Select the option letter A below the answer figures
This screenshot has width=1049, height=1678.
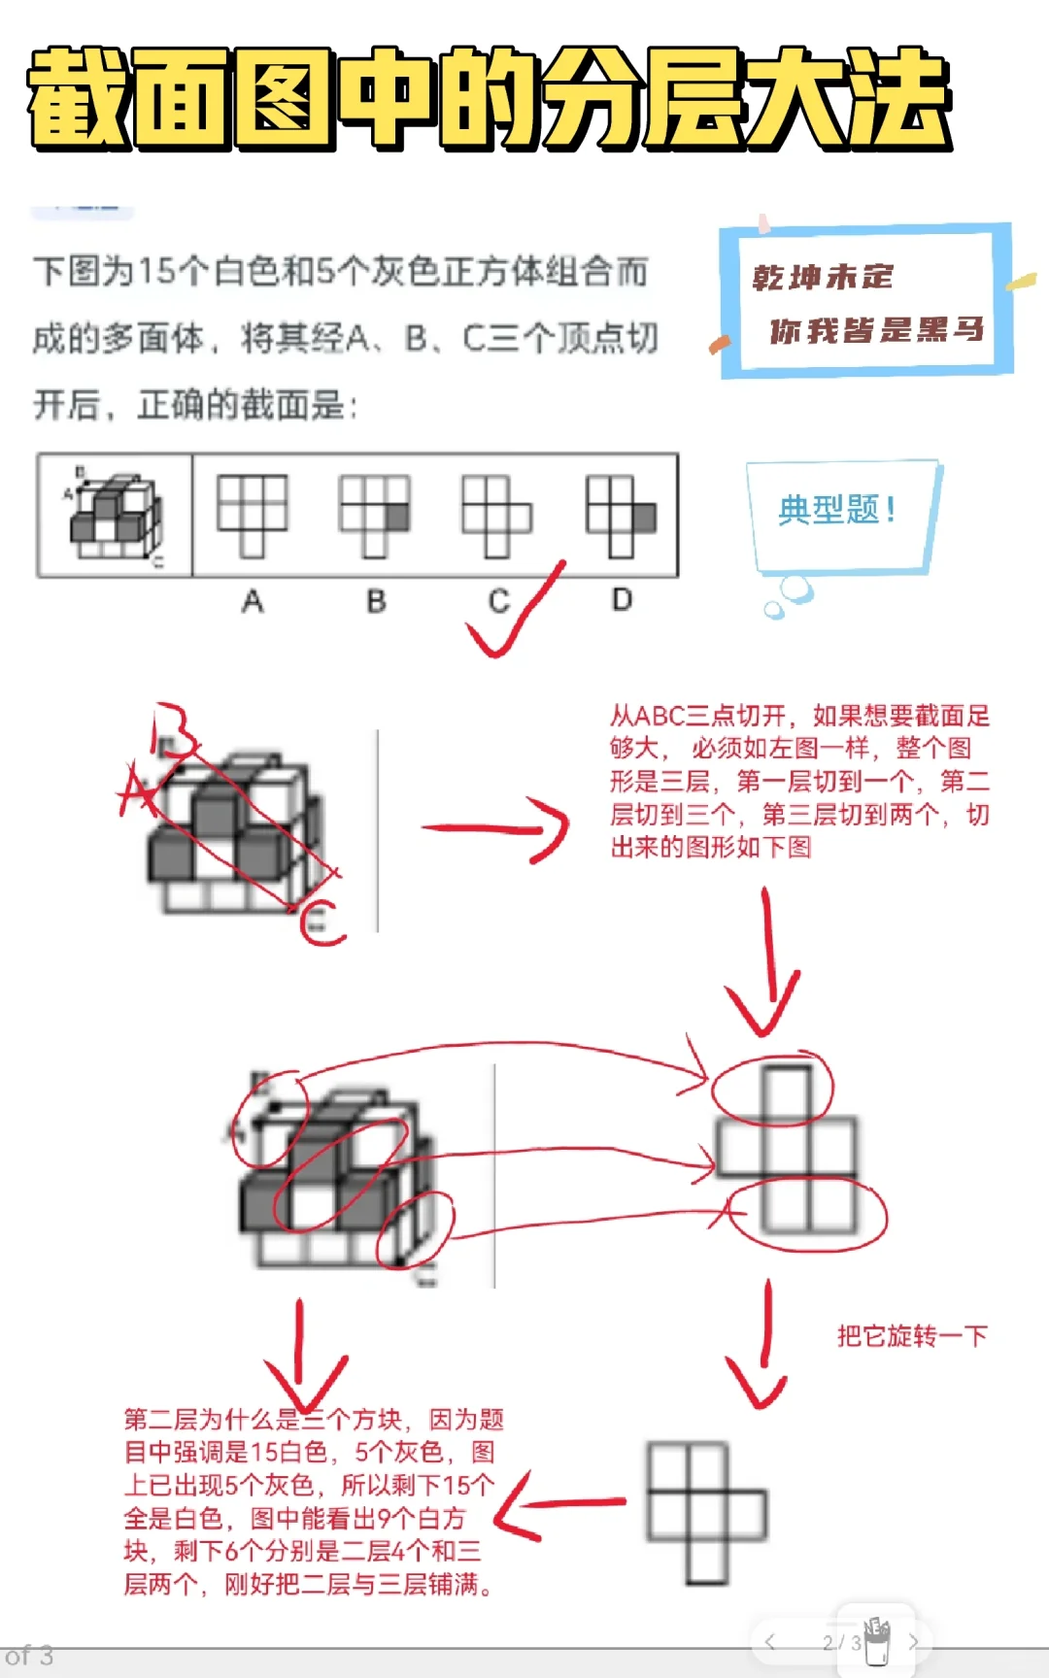pos(253,602)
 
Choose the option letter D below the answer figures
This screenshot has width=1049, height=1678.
pos(622,600)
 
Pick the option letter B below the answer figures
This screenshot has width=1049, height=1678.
pos(376,602)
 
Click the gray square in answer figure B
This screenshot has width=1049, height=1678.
pos(396,518)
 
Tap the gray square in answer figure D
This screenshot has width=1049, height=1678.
pos(644,518)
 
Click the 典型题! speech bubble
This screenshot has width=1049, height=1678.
pos(837,510)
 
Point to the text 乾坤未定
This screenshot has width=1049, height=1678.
pos(823,278)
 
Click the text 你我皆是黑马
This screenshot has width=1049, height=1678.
pos(876,331)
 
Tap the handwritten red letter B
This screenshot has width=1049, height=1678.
pos(173,730)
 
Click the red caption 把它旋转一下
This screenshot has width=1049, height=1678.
pos(911,1336)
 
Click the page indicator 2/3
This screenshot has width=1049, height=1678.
pos(841,1643)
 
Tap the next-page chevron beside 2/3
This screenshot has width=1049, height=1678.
pos(913,1643)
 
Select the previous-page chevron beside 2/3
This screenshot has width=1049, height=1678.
pos(769,1643)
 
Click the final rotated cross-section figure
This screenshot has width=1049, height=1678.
pos(706,1512)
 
